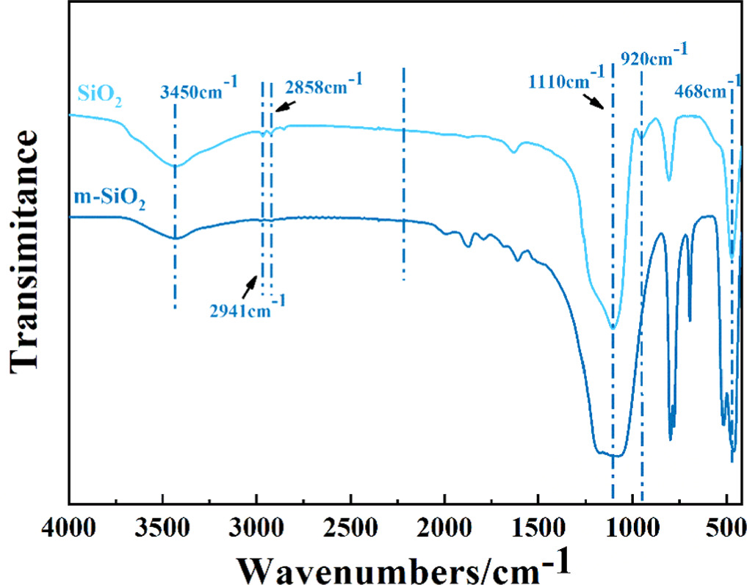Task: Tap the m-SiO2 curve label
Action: click(x=109, y=199)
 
